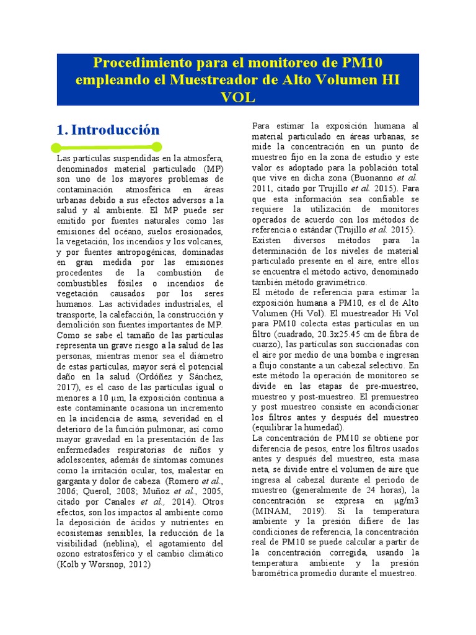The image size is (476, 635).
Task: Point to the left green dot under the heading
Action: [x=56, y=147]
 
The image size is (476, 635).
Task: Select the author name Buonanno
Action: [x=378, y=177]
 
